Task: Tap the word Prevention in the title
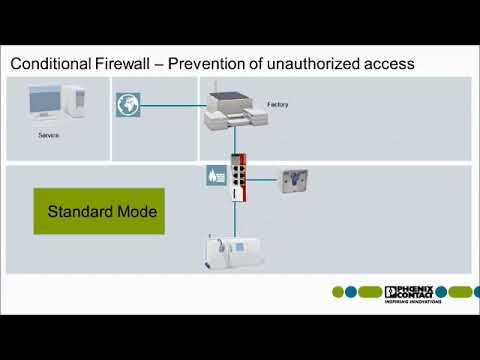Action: pos(209,64)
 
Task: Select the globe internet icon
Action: pos(128,105)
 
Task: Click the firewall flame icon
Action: pos(214,174)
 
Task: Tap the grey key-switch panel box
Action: pos(295,180)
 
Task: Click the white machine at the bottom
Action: pos(236,251)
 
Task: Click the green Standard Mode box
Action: pos(98,212)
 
